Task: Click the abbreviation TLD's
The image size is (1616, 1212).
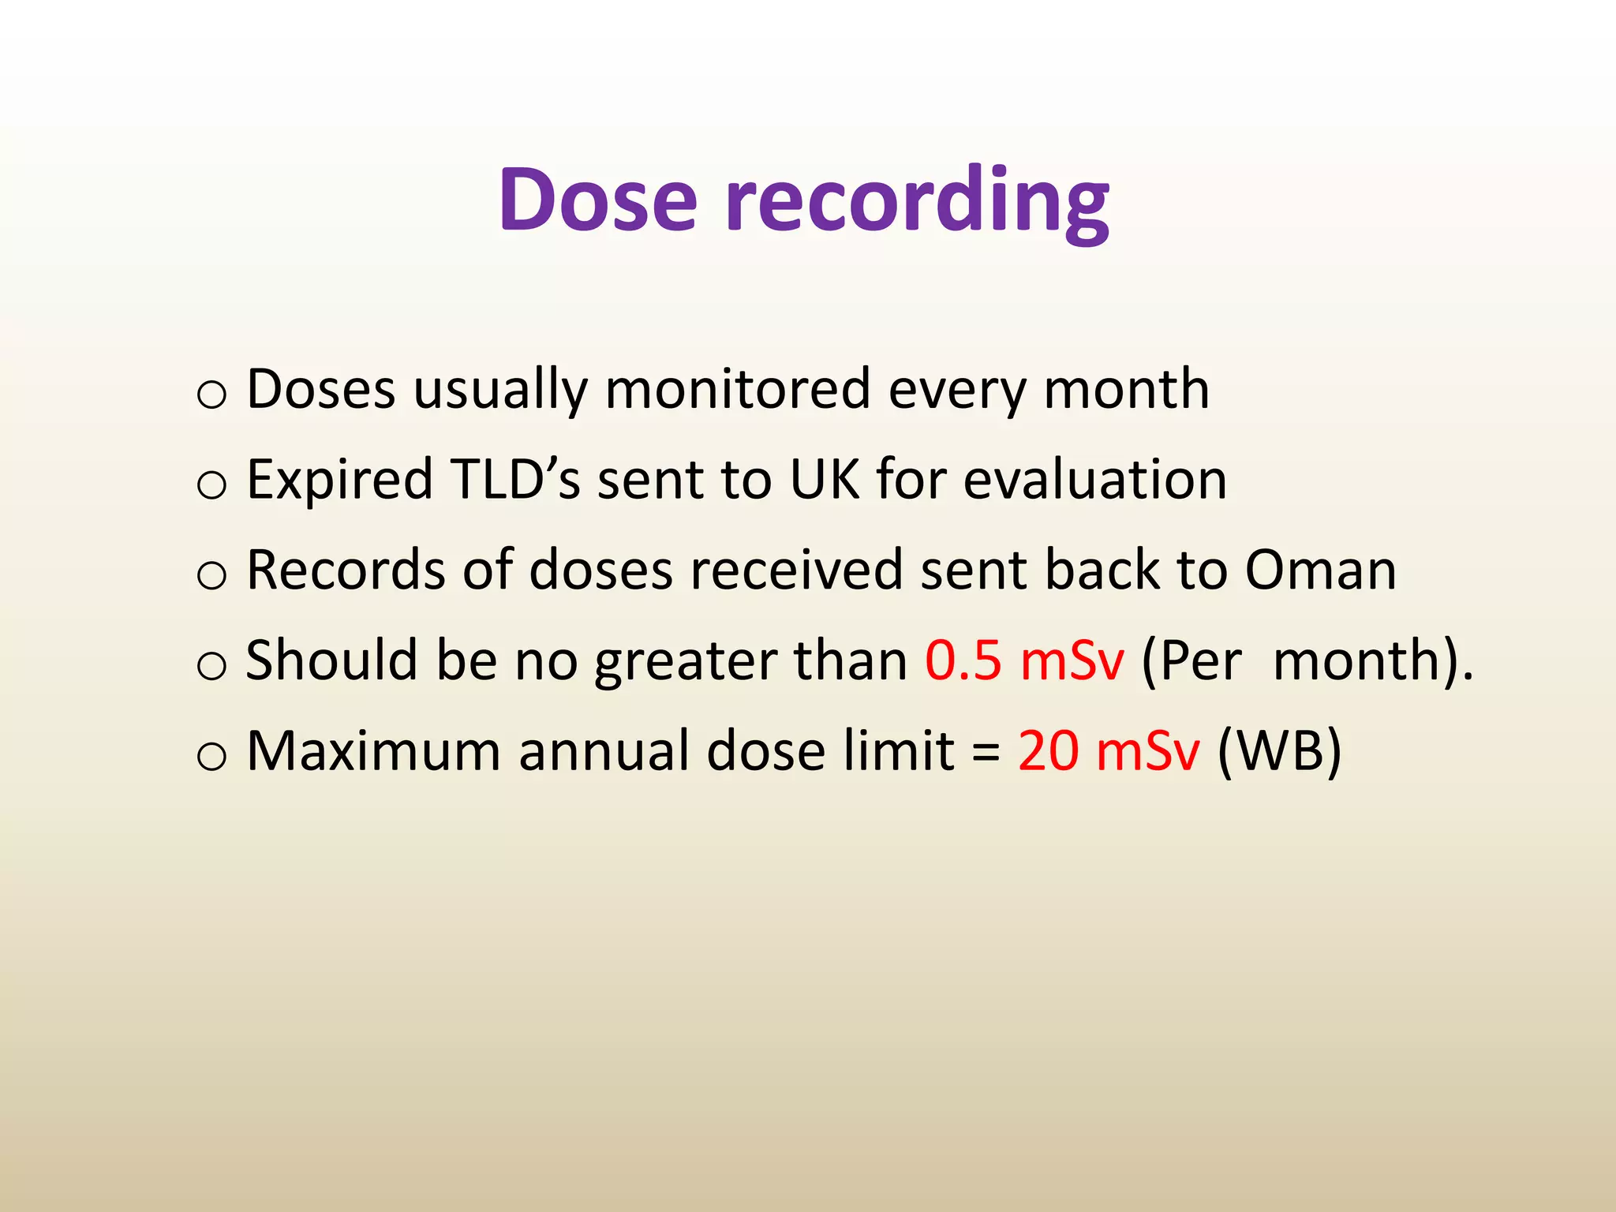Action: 514,479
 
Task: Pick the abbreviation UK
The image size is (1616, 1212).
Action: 824,479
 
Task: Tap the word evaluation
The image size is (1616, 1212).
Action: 1095,479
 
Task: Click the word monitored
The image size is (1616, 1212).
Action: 737,389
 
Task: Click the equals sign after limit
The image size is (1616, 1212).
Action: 986,751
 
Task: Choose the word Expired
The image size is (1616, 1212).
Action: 339,481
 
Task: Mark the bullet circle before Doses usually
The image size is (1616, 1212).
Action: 211,394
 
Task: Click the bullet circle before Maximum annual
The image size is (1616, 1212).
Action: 211,755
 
